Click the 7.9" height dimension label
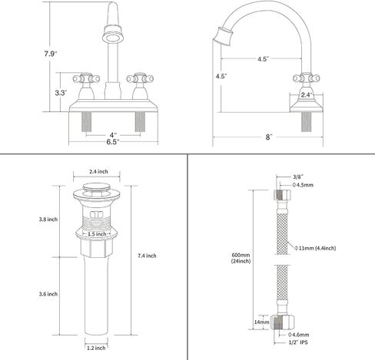[x=51, y=54]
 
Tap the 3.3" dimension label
[x=61, y=93]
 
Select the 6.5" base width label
[x=113, y=142]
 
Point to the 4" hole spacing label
[x=113, y=135]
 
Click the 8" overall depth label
[x=268, y=137]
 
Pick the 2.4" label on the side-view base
[x=307, y=95]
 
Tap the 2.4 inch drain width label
[x=98, y=171]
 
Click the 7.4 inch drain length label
[x=147, y=256]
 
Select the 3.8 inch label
[x=48, y=220]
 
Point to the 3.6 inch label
[x=48, y=294]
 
